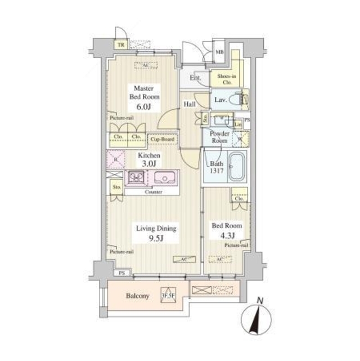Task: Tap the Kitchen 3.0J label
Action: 150,159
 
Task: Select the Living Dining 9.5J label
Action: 155,233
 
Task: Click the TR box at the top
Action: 120,46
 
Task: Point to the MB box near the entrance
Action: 220,52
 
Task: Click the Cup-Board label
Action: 162,139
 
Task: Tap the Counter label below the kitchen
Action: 153,192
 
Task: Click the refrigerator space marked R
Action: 115,159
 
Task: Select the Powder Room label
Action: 219,137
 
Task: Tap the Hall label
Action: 189,104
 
